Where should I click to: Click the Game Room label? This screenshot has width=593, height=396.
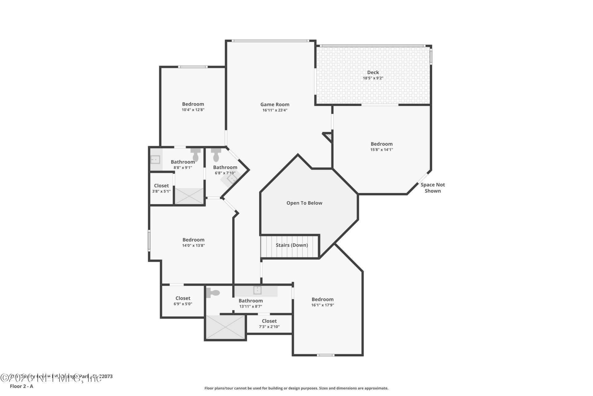pyautogui.click(x=275, y=105)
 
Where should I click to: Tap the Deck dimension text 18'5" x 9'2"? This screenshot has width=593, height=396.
pyautogui.click(x=373, y=78)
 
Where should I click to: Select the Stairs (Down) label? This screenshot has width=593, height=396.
pyautogui.click(x=292, y=245)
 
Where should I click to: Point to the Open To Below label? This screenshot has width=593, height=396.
pyautogui.click(x=304, y=203)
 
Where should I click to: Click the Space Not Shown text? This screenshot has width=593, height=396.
pyautogui.click(x=432, y=188)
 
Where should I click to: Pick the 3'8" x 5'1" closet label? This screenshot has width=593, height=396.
pyautogui.click(x=161, y=192)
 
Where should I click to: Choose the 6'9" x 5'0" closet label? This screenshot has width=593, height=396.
pyautogui.click(x=183, y=304)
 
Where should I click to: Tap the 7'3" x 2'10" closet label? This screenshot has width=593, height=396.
pyautogui.click(x=269, y=327)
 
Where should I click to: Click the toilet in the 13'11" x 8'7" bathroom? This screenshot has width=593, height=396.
pyautogui.click(x=213, y=293)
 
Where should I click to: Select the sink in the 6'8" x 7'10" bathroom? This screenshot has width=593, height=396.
pyautogui.click(x=231, y=179)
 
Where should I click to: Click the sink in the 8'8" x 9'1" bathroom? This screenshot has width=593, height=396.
pyautogui.click(x=155, y=160)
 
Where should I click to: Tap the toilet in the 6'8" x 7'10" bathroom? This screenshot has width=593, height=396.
pyautogui.click(x=216, y=155)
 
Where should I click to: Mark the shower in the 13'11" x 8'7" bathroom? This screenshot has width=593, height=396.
pyautogui.click(x=225, y=327)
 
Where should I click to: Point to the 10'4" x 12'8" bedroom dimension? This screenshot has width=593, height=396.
pyautogui.click(x=193, y=110)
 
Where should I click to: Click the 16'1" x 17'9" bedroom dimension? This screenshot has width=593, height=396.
pyautogui.click(x=322, y=305)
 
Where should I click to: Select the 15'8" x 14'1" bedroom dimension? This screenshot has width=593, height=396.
pyautogui.click(x=381, y=150)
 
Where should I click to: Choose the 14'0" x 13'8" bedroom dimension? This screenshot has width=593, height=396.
pyautogui.click(x=193, y=246)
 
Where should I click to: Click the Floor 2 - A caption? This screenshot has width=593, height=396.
pyautogui.click(x=21, y=386)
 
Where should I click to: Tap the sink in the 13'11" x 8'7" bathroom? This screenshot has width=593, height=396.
pyautogui.click(x=257, y=290)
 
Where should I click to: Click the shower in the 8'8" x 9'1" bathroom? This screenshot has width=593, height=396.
pyautogui.click(x=189, y=196)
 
